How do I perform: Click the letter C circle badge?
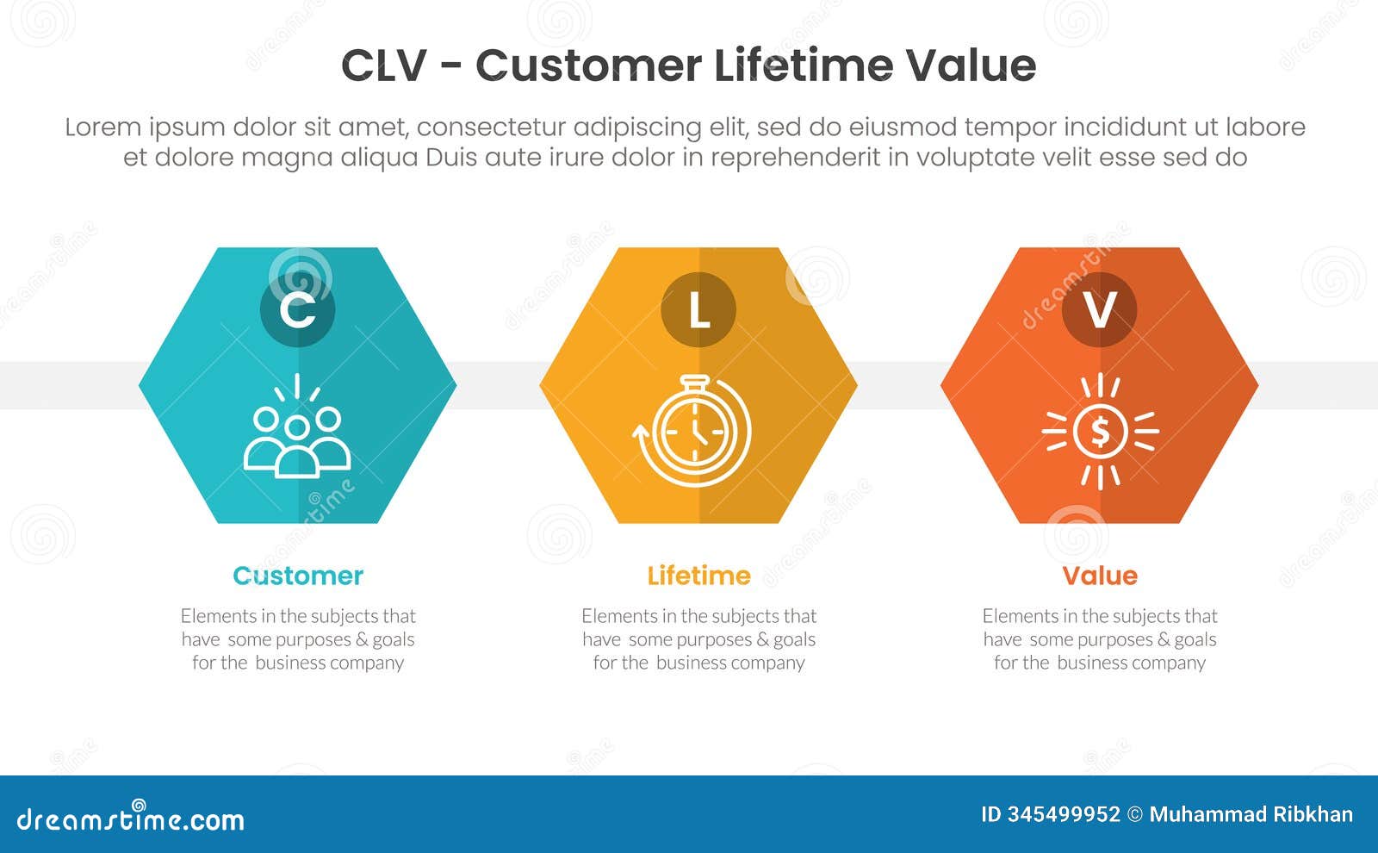coord(297,309)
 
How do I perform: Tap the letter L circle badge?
coord(698,309)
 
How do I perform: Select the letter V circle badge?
coord(1100,309)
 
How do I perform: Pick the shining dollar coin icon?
coord(1100,431)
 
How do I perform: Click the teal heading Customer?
coord(298,576)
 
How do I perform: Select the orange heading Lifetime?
coord(698,576)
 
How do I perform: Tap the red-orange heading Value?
coord(1100,576)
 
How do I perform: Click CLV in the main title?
coord(383,66)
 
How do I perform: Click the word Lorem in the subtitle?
coord(102,128)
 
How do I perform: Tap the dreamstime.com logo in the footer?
coord(131,819)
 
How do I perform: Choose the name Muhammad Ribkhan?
coord(1251,814)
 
